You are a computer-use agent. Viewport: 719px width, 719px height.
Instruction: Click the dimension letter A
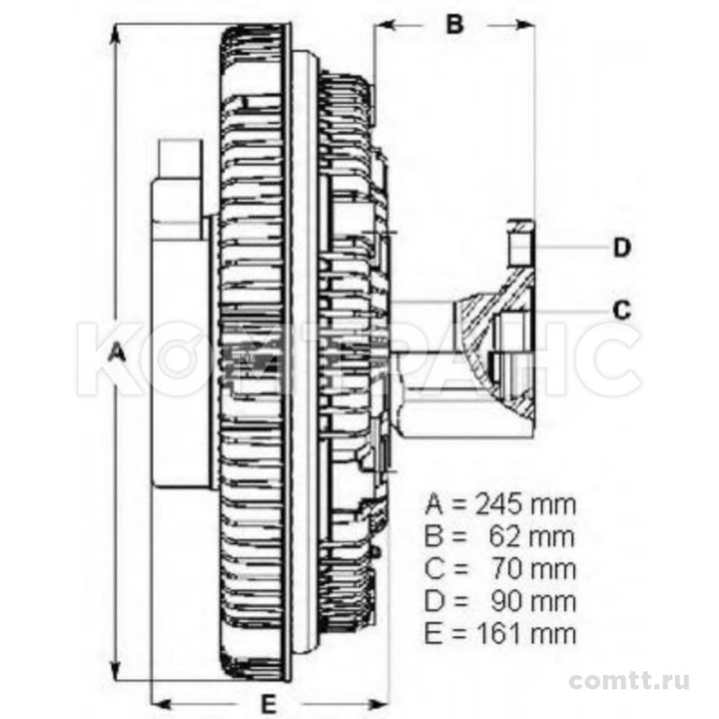point(119,354)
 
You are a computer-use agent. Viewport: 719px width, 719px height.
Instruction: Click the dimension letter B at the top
point(455,24)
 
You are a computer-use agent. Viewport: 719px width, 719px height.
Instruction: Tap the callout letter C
point(622,310)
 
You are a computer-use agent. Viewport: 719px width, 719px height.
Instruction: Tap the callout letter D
point(622,248)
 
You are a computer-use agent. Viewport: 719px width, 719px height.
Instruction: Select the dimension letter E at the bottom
point(269,704)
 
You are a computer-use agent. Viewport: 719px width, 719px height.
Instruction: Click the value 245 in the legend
point(499,505)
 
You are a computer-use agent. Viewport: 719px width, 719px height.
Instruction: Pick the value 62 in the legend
point(506,537)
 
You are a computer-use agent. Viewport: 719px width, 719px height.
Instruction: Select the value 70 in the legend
point(507,570)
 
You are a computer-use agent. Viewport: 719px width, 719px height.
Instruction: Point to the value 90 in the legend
point(507,602)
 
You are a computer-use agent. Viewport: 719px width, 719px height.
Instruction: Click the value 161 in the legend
point(499,635)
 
